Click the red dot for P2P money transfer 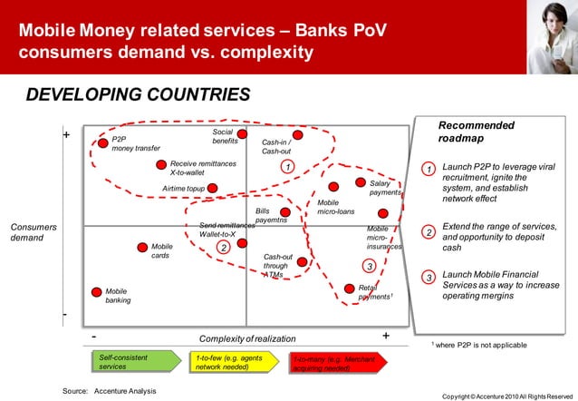(102, 142)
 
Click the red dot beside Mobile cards (141, 247)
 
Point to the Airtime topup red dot (212, 189)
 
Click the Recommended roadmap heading (477, 132)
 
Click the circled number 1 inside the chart (286, 167)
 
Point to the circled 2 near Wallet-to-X (224, 247)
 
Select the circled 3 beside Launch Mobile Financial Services (429, 277)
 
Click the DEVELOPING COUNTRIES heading (137, 95)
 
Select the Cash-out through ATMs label (277, 266)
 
